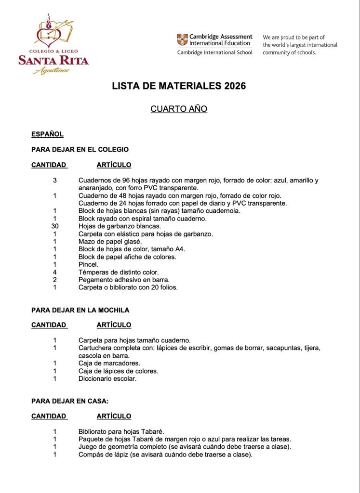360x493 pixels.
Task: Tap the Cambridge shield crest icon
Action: pos(183,40)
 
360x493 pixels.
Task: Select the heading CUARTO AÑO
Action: pos(179,109)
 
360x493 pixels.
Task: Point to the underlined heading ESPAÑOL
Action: pos(47,134)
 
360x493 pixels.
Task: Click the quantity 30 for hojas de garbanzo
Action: pos(55,226)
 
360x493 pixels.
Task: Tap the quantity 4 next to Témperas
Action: pos(55,272)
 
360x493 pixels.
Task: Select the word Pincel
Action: pos(88,265)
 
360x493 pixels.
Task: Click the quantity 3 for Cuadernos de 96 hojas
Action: pos(55,181)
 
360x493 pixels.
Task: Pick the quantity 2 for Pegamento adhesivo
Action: pos(55,280)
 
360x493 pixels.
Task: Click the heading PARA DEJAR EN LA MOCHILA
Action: pos(80,310)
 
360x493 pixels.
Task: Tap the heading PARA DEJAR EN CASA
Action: pos(70,401)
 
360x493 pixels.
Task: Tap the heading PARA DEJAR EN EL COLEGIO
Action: pos(80,149)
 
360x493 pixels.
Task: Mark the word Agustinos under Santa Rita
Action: pos(52,70)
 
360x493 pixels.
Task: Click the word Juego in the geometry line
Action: pos(88,447)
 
